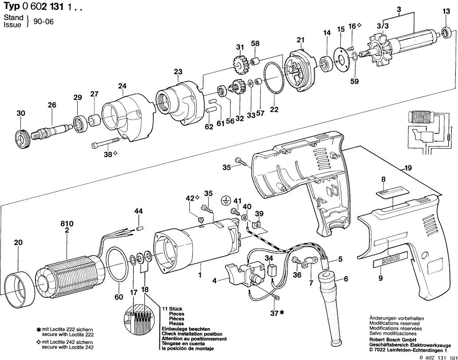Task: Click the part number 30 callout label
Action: [21, 113]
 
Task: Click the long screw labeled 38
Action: [107, 143]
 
